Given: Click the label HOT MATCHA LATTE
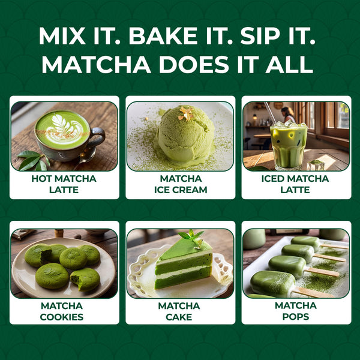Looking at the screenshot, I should point(64,184).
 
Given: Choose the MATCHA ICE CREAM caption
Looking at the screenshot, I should point(180,184).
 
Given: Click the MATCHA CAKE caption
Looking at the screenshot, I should point(180,311).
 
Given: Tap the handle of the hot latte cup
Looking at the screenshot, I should point(98,137).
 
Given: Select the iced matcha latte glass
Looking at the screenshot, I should point(288,144).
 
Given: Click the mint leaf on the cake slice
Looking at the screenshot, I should point(194,235).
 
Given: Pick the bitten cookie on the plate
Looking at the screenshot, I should point(85,278).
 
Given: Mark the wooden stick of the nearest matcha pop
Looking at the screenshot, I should point(314,292).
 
